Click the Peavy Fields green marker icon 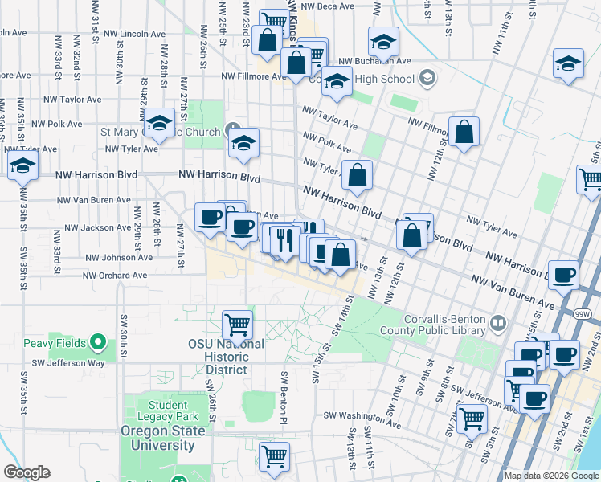click(x=98, y=343)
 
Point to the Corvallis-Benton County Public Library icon click(x=498, y=324)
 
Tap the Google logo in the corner click(x=27, y=472)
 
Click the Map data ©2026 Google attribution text click(x=551, y=476)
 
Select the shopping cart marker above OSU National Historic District click(x=237, y=325)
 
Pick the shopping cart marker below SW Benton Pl click(x=275, y=455)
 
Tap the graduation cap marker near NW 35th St click(x=22, y=165)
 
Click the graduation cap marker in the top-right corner click(x=568, y=63)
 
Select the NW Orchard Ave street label click(x=116, y=276)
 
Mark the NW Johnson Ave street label click(x=119, y=258)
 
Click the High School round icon click(x=427, y=78)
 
